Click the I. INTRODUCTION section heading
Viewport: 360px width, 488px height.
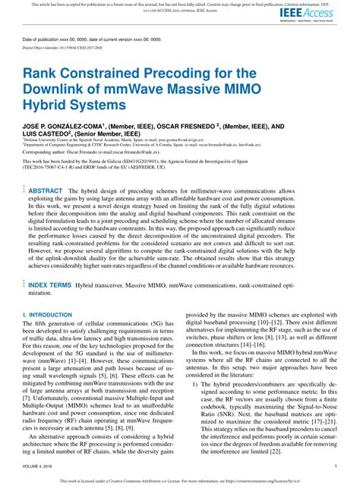48,313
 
